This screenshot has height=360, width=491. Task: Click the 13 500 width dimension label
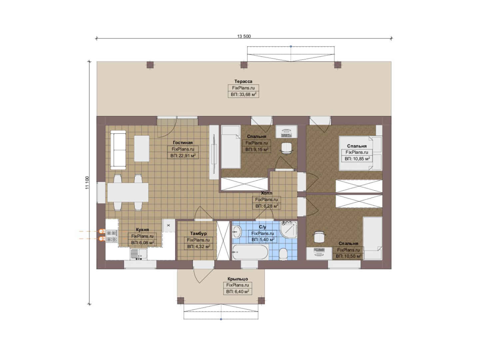coord(244,36)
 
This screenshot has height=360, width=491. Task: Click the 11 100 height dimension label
coord(87,183)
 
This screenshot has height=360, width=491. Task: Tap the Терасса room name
coord(243,81)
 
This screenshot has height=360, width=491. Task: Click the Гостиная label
coord(183,143)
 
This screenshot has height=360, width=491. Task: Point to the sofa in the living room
coord(118,150)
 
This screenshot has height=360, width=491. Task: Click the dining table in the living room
coord(128,192)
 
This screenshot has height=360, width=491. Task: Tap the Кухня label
coord(142,230)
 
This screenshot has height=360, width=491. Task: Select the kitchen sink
coord(139,254)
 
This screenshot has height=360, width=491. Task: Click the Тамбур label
coord(199,234)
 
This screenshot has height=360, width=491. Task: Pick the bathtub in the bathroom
coord(250,252)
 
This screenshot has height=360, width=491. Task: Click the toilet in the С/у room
coord(283,254)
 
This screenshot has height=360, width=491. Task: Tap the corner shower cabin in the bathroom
coord(289,229)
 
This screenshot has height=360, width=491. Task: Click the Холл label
coord(266,193)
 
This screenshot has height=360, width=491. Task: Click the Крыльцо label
coord(238,279)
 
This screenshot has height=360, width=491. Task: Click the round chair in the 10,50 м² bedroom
coord(319,236)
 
